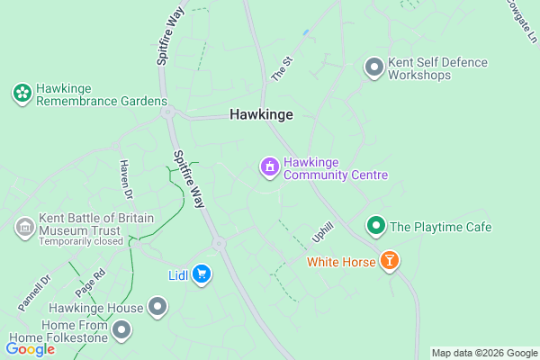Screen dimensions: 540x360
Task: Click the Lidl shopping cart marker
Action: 202,274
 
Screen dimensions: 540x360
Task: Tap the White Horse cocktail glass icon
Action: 389,262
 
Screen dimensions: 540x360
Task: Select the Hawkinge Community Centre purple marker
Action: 268,167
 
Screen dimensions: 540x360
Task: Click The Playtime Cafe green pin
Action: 375,226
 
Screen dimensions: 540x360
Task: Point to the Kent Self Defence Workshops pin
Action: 373,67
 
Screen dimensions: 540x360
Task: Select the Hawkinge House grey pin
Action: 158,308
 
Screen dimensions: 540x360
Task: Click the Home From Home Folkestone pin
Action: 122,331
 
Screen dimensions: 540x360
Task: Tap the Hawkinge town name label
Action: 261,115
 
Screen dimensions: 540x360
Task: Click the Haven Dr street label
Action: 125,179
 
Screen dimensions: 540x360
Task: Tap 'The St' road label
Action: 283,68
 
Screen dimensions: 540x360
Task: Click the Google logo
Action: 31,349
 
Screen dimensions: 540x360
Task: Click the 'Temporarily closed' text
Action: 80,241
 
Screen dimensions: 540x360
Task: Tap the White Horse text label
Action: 340,263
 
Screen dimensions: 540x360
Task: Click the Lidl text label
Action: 177,274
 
